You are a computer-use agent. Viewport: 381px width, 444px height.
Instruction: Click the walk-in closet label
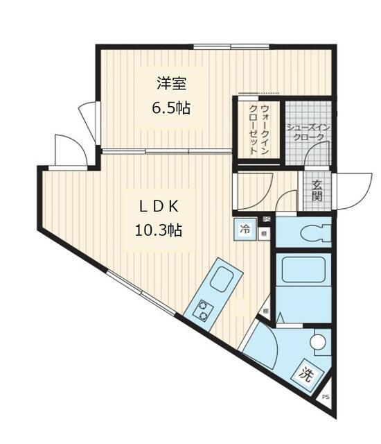258,129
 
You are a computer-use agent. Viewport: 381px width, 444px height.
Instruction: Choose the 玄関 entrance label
317,191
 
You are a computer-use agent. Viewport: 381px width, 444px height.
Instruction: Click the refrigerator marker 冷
245,230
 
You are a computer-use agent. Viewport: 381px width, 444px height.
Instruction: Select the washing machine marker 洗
307,375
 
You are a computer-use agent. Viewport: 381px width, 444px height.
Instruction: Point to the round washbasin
317,342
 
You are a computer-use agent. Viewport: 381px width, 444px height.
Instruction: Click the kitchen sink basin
222,280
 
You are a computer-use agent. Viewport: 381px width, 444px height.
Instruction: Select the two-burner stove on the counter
204,309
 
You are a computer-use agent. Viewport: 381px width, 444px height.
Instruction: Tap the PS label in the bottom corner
326,398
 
